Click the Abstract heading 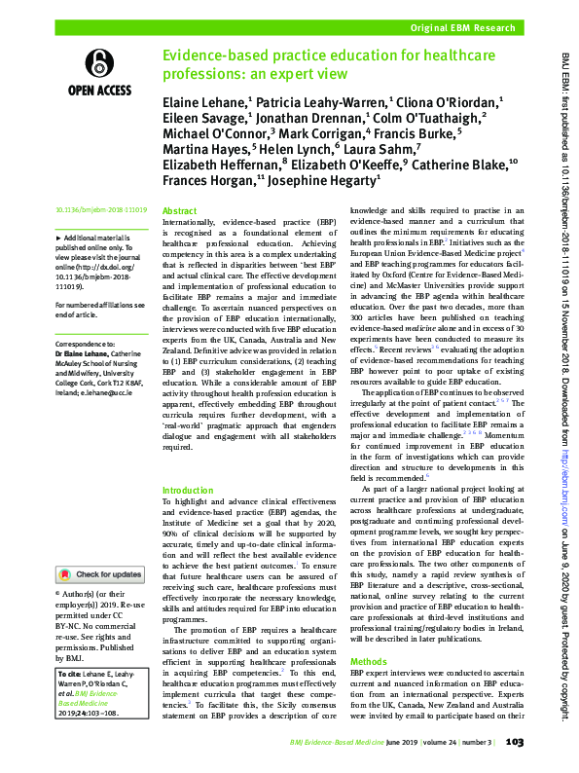point(179,211)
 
